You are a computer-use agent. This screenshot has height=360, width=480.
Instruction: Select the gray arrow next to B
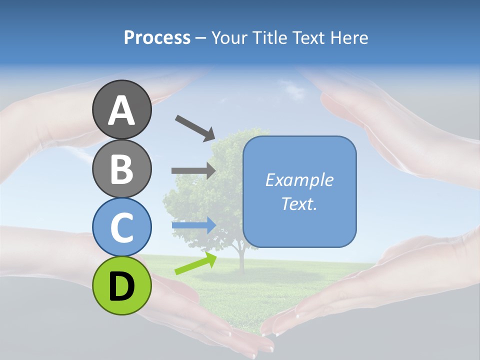(193, 170)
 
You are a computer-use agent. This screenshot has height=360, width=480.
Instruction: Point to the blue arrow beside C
(194, 225)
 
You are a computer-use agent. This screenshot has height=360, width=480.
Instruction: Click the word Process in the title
(157, 37)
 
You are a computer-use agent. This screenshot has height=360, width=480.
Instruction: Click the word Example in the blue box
(299, 180)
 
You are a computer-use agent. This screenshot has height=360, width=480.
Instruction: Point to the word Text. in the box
(299, 203)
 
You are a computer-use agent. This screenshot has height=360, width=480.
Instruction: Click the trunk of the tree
(241, 260)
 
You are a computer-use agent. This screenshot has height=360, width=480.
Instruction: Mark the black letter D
(122, 286)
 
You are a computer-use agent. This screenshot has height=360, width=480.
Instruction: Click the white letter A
(122, 110)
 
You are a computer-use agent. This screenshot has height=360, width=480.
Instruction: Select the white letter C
(122, 227)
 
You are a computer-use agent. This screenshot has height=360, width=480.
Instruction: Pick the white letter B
(122, 169)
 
